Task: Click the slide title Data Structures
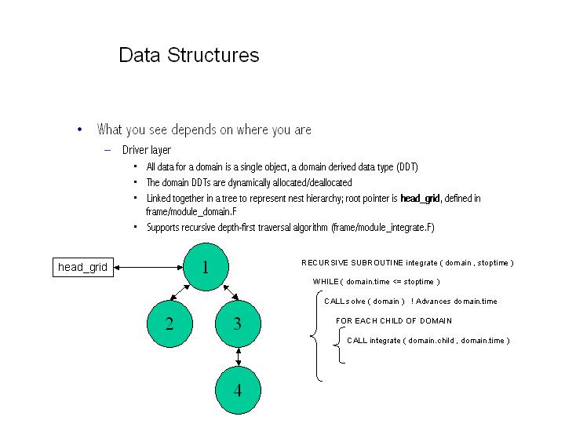point(188,55)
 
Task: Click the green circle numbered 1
point(205,267)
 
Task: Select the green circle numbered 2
point(169,323)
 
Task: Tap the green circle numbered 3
point(238,323)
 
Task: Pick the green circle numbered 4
point(238,389)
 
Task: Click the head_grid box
point(82,267)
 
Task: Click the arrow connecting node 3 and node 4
point(238,356)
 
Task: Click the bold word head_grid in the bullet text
point(420,199)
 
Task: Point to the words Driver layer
point(147,150)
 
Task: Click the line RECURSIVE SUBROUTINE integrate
point(407,263)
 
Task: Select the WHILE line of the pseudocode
point(376,282)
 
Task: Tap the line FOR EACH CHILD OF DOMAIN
point(393,321)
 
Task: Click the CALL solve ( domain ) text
point(364,302)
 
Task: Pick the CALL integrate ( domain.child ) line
point(428,341)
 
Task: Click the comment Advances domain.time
point(457,302)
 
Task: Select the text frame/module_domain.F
point(191,212)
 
